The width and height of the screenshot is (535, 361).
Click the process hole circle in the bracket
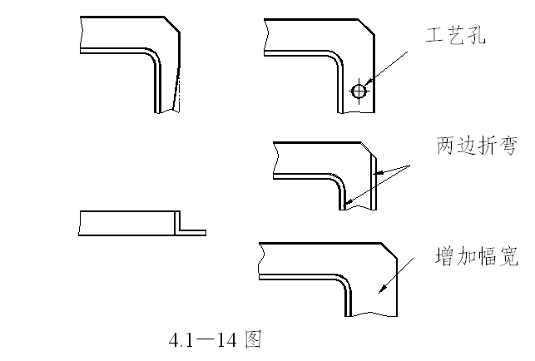click(359, 91)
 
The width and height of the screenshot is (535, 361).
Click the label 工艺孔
click(455, 35)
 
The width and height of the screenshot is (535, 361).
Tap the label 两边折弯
click(477, 146)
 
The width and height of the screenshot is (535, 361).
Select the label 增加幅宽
click(476, 256)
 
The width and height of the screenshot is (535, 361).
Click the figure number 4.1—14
click(203, 340)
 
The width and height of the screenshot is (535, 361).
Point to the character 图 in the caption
click(253, 339)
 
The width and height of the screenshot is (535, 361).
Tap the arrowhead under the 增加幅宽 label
click(384, 289)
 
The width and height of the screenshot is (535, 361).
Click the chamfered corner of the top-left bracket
click(172, 24)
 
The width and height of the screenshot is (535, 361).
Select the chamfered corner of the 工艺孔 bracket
click(366, 27)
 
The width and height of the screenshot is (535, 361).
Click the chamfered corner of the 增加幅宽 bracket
click(389, 250)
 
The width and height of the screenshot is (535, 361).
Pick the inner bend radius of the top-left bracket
click(155, 57)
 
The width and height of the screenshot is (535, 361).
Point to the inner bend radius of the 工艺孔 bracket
click(338, 59)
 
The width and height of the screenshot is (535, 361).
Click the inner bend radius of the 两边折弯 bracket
click(339, 181)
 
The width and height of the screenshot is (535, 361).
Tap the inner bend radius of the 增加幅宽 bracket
click(345, 282)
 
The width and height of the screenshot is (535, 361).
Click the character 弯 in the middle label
click(508, 146)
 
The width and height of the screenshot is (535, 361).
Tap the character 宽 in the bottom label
click(508, 256)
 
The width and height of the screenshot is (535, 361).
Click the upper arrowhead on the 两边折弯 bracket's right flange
click(379, 173)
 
